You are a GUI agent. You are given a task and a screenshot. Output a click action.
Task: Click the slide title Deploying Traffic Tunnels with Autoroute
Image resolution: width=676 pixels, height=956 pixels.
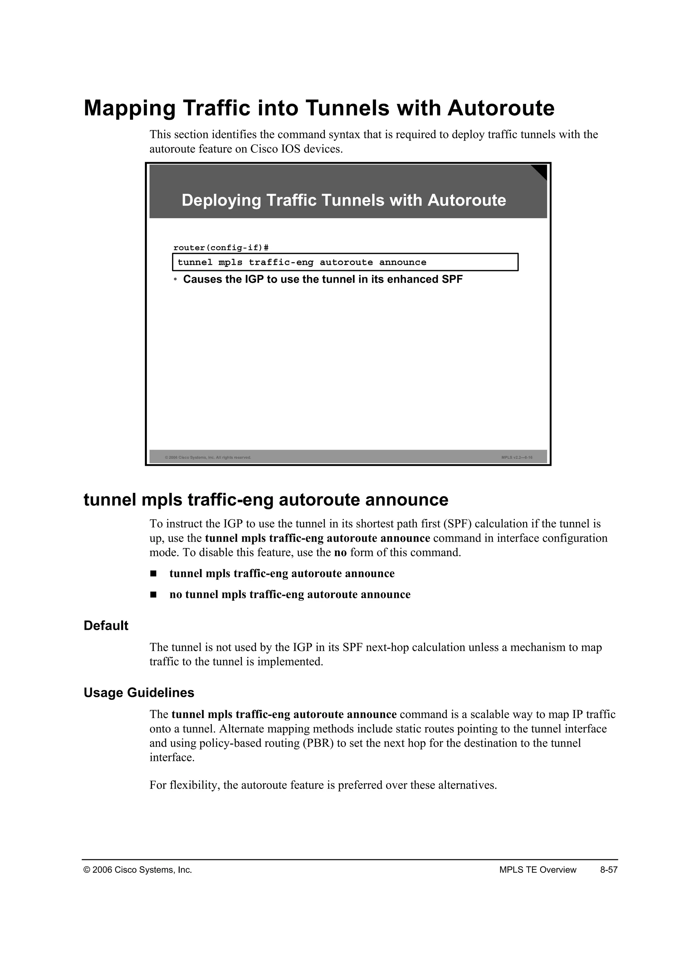tap(344, 200)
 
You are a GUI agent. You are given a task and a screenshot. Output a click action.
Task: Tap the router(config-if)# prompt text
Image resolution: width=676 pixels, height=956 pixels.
tap(220, 248)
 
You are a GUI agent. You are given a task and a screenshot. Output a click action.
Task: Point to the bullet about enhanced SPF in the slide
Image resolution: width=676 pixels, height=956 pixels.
tap(322, 279)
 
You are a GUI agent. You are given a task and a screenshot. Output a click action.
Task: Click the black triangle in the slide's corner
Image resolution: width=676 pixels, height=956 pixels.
tap(540, 171)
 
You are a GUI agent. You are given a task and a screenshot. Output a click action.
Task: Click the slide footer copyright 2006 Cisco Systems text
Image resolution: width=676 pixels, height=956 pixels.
tap(208, 458)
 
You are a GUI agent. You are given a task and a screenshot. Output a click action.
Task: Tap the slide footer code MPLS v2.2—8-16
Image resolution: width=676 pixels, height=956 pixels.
tap(517, 458)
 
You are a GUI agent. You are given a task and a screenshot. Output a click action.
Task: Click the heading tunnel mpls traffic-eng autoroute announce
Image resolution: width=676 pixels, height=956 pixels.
tap(266, 500)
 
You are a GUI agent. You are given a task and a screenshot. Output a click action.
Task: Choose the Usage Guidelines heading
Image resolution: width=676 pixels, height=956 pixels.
tap(139, 693)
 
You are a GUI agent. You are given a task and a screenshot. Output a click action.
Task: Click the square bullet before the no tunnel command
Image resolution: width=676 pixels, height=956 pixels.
tap(153, 595)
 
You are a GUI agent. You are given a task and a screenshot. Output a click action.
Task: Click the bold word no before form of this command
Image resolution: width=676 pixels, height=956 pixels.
tap(340, 553)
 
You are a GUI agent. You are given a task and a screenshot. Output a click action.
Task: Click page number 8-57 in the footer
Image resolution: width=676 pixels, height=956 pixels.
tap(609, 870)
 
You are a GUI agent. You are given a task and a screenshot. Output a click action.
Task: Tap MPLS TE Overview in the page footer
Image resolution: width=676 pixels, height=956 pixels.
tap(537, 870)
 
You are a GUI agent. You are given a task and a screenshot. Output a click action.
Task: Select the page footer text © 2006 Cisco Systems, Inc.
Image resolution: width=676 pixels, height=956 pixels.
tap(138, 870)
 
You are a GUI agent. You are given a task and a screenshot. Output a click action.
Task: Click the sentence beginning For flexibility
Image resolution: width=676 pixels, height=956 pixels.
tap(323, 785)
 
